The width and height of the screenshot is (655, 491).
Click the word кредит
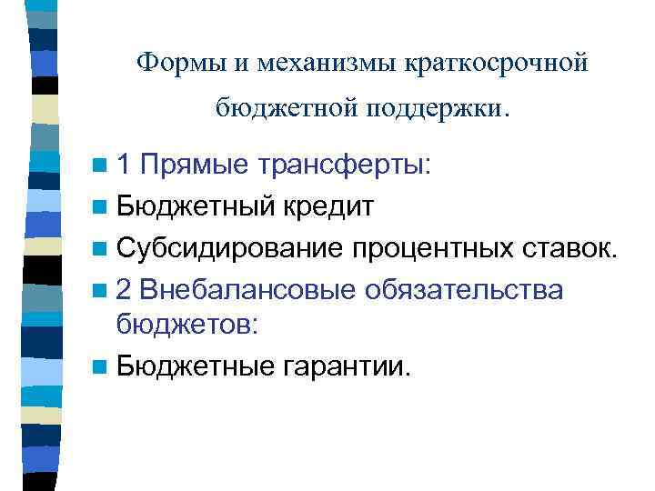[x=327, y=206]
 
